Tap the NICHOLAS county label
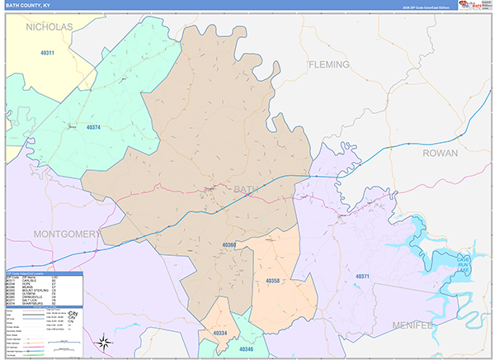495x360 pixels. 50,27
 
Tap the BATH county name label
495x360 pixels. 246,190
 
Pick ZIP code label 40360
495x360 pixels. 229,245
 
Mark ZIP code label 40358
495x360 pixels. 273,281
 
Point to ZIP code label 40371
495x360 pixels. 364,277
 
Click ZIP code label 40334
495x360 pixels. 220,333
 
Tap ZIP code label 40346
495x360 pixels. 247,351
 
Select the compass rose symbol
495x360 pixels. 103,342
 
